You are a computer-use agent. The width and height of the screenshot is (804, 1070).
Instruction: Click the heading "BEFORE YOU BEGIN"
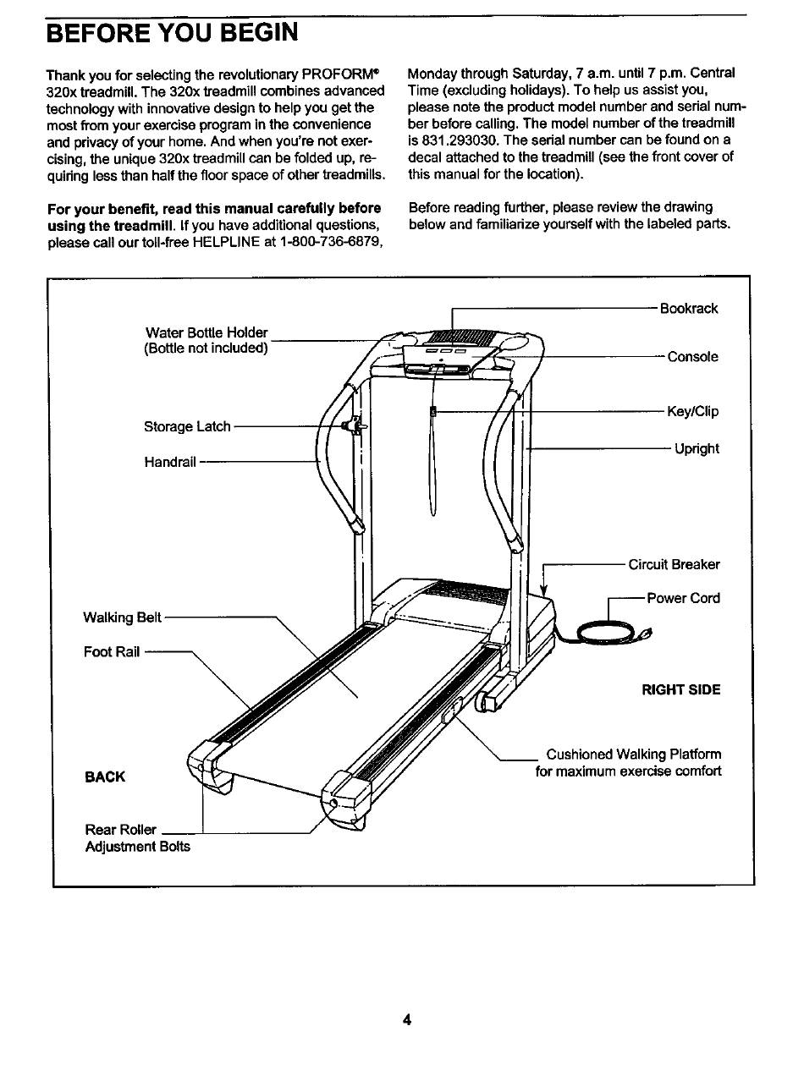click(172, 33)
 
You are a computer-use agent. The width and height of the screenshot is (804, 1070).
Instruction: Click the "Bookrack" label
click(689, 309)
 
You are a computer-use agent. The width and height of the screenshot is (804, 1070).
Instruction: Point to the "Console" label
click(692, 357)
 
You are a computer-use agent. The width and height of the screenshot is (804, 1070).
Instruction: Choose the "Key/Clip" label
click(692, 412)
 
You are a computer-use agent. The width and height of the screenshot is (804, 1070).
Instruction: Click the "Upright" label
click(697, 449)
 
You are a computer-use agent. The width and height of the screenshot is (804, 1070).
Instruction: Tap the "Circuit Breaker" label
click(674, 565)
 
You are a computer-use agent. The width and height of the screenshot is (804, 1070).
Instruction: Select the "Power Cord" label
click(683, 599)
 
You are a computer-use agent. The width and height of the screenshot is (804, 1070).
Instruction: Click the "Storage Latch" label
click(187, 427)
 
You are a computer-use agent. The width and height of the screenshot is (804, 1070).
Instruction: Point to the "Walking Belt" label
click(122, 617)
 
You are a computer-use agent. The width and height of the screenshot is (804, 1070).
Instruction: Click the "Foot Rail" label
click(112, 652)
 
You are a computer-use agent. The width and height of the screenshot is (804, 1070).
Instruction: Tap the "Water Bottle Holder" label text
click(207, 333)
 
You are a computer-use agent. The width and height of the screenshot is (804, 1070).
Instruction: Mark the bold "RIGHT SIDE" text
click(681, 690)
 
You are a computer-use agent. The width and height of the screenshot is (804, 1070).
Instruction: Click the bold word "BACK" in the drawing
click(105, 776)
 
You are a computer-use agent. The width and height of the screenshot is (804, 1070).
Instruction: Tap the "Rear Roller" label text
click(120, 830)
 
